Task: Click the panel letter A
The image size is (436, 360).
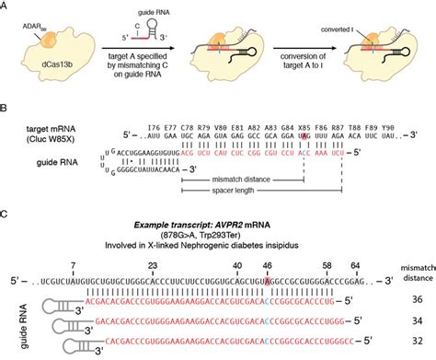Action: [6, 6]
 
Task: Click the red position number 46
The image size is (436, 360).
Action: [268, 263]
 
